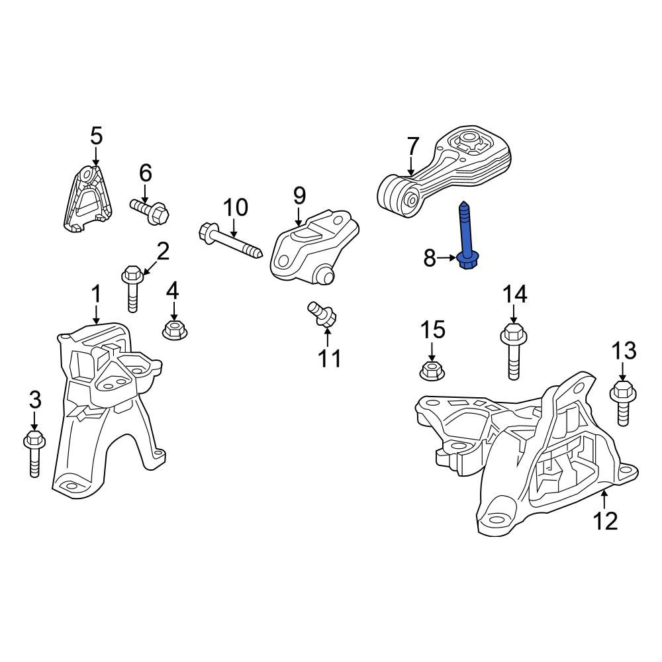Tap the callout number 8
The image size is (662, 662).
point(430,258)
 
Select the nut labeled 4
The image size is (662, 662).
point(174,329)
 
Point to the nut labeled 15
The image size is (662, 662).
point(433,370)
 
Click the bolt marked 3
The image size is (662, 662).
point(34,453)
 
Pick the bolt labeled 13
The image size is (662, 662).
point(623,402)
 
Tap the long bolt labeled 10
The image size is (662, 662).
point(230,243)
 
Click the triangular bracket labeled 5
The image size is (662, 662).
point(88,198)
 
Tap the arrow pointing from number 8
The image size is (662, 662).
point(447,258)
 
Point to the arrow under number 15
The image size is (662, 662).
point(432,352)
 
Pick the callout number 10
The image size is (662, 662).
point(235,207)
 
